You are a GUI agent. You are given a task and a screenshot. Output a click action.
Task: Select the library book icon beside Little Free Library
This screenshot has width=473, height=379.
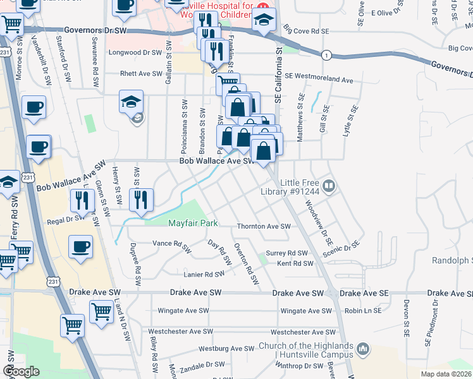(x=329, y=186)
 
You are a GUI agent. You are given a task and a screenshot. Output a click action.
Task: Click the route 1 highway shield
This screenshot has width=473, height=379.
(x=326, y=55)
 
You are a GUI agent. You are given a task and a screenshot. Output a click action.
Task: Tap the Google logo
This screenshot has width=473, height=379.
(x=21, y=371)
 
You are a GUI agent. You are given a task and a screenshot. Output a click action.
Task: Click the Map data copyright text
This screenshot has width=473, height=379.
(x=446, y=374)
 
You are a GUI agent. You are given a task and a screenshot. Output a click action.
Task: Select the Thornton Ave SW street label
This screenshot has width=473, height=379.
(x=263, y=226)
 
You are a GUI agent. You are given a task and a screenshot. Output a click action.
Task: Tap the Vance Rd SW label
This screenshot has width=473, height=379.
(x=172, y=243)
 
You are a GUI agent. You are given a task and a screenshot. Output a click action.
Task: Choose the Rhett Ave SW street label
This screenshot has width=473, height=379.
(x=142, y=74)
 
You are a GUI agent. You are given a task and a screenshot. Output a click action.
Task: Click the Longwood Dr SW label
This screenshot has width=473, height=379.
(x=135, y=53)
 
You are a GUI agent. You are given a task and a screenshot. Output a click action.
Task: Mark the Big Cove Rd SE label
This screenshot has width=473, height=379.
(x=306, y=30)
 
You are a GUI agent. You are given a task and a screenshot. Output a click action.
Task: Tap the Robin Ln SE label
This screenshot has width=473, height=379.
(x=360, y=311)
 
